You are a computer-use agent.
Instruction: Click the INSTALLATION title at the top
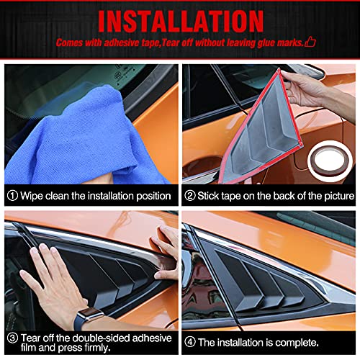tap(180, 19)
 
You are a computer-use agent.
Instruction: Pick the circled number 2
tap(191, 195)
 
